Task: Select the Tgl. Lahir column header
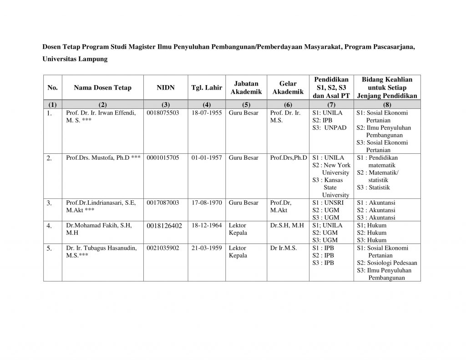pos(207,87)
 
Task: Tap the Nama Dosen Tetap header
pos(103,87)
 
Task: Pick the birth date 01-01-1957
pos(207,158)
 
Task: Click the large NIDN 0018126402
pos(165,226)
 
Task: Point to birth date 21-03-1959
pos(207,248)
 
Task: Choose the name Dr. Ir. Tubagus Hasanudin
pos(98,248)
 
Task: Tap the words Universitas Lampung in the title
pos(75,59)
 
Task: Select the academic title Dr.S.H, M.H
pos(287,225)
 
